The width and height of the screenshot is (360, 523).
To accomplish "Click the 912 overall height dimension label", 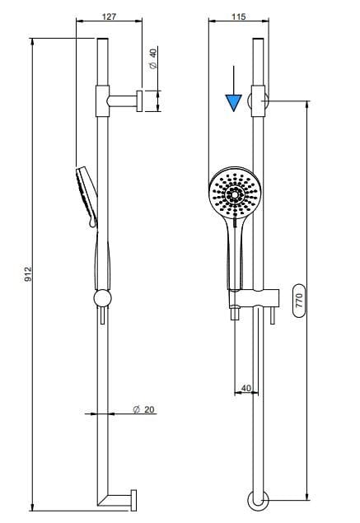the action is tap(29, 273).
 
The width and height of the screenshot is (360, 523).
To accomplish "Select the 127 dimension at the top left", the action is tap(109, 16).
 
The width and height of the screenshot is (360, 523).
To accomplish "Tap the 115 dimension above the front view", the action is tap(239, 16).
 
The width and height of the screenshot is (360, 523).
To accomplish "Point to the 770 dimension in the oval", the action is tap(298, 300).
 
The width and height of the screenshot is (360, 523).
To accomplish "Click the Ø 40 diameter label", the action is tap(153, 58).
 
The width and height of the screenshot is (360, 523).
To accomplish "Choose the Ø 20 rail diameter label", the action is tap(144, 409).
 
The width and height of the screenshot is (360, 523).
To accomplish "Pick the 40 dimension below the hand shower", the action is tap(245, 388).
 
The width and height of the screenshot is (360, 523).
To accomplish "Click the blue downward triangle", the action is tap(234, 103).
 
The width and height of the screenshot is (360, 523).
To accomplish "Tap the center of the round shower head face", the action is tap(236, 194).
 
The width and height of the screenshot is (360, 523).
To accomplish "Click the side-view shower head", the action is tap(86, 197).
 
